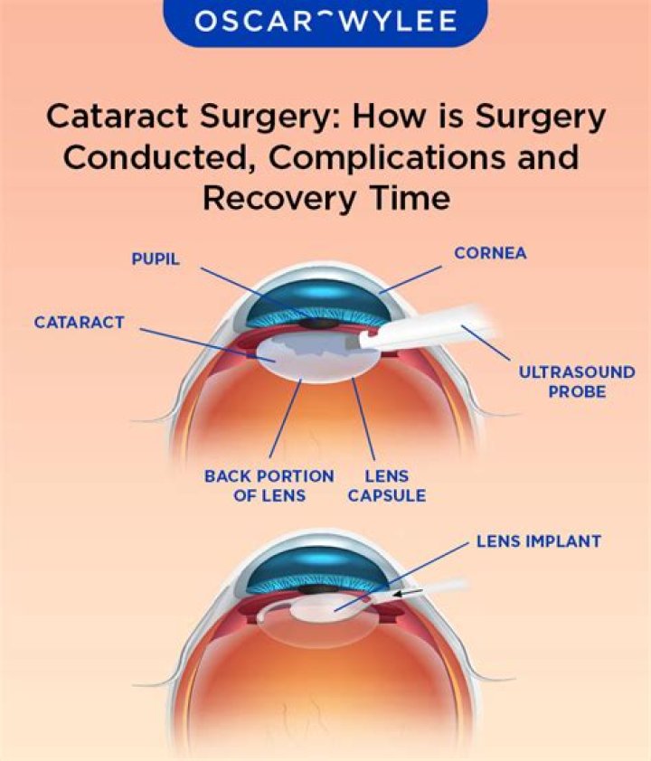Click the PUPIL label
coord(156,259)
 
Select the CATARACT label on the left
coord(80,322)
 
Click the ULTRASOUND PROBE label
coord(576,381)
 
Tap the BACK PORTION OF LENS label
coord(269,485)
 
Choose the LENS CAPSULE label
coord(386,485)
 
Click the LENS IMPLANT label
coord(538,543)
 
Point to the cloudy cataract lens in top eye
coord(298,357)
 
